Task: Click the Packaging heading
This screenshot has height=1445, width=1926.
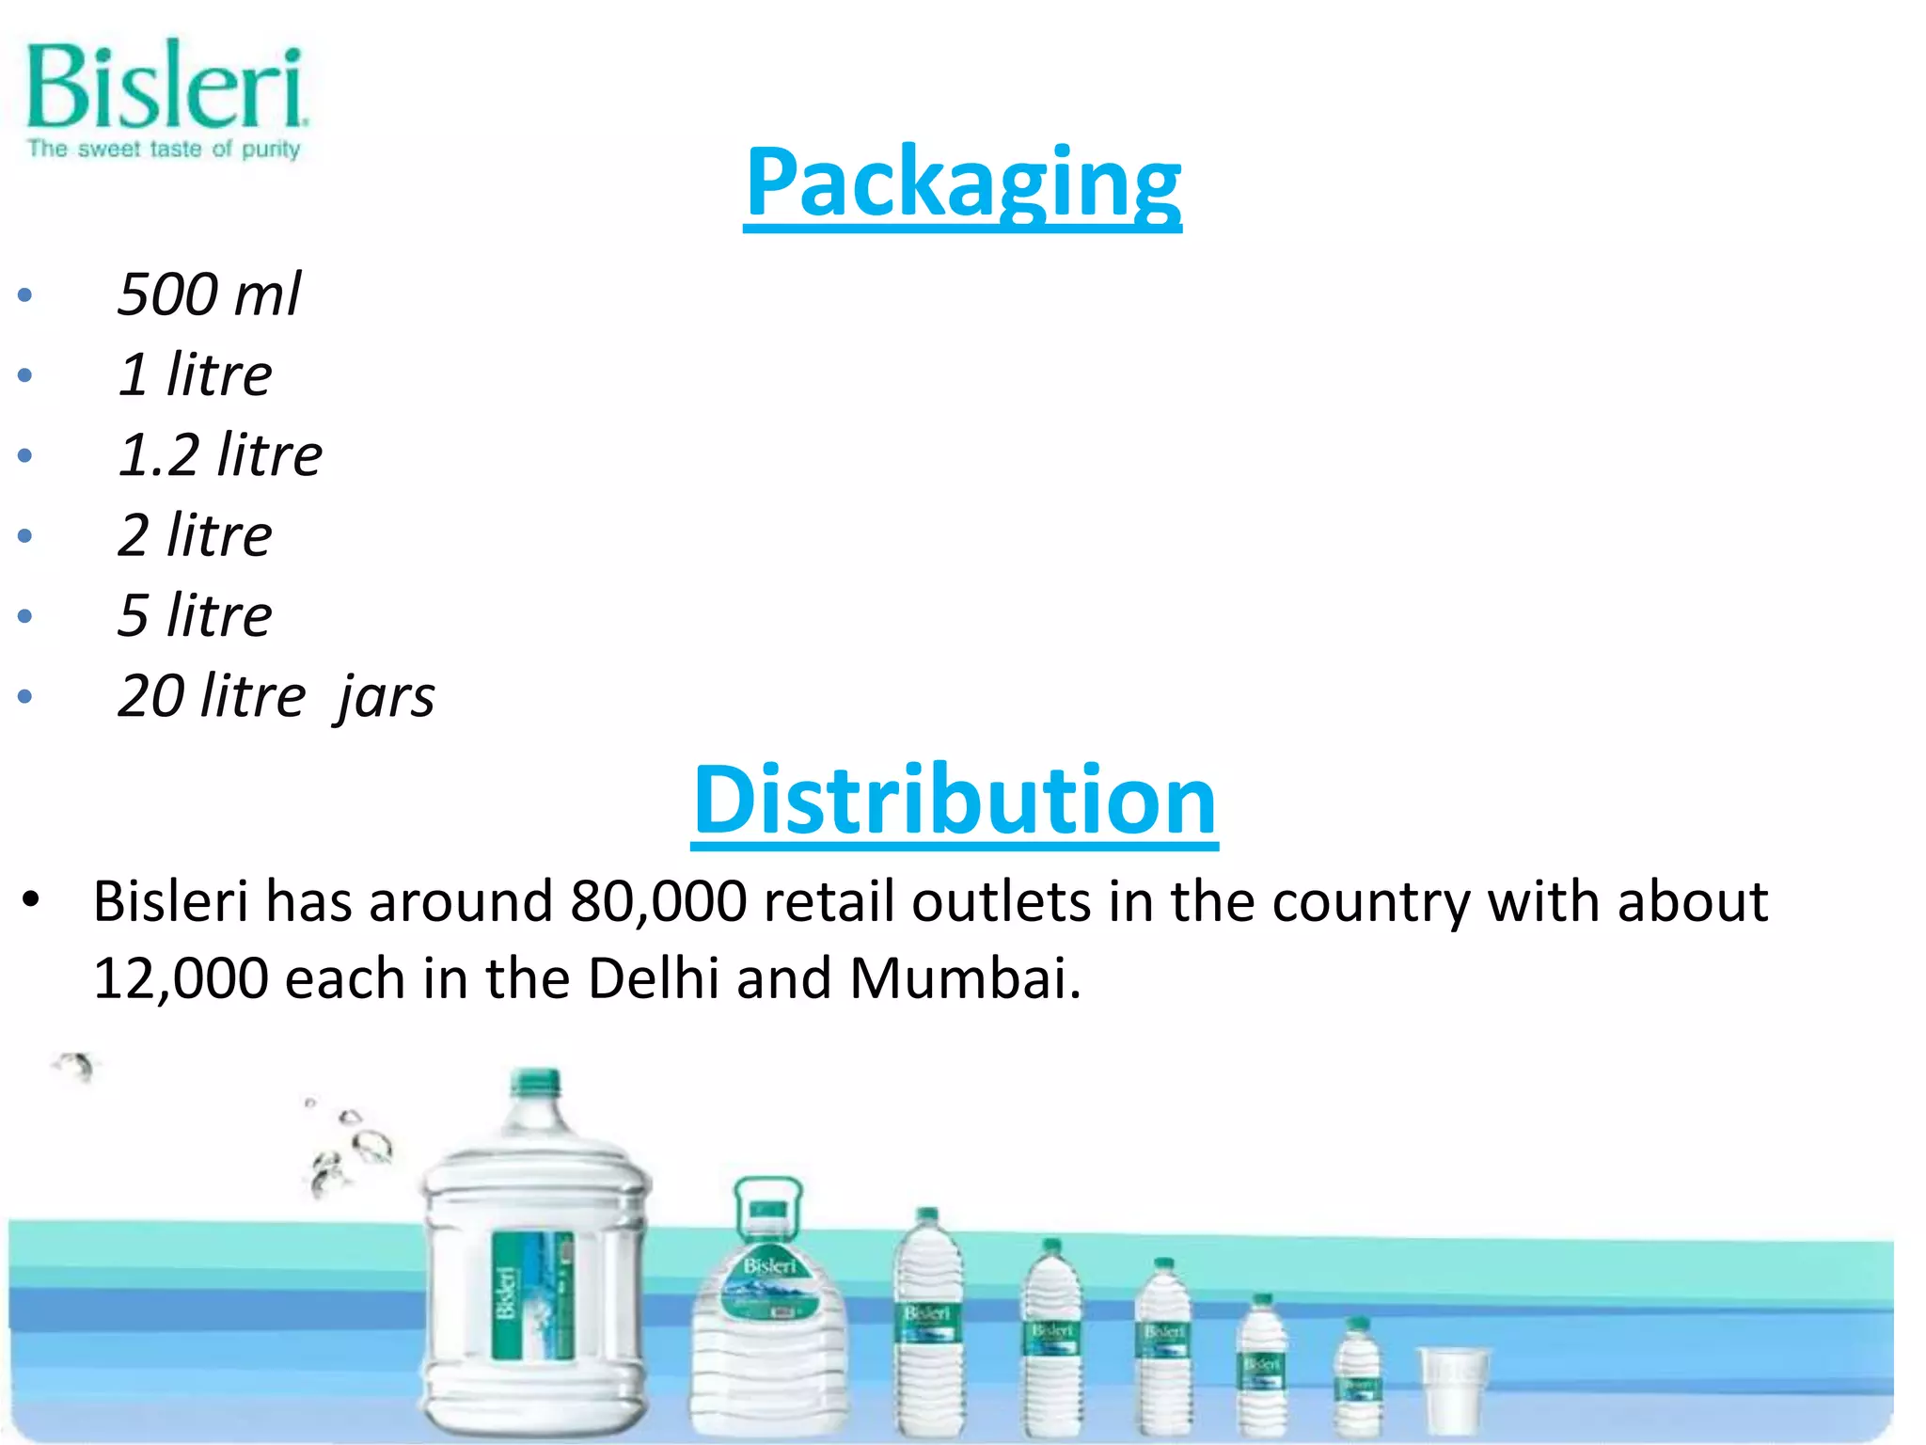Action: (962, 183)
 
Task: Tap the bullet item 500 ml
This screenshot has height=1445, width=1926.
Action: (209, 294)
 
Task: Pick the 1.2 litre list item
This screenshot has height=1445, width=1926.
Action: (220, 454)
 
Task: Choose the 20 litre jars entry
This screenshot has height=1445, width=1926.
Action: (276, 696)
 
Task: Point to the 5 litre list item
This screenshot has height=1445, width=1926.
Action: (195, 615)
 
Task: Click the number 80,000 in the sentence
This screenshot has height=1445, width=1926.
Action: (658, 901)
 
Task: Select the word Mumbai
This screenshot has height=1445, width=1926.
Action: (965, 978)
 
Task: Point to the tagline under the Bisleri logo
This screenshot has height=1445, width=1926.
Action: (164, 149)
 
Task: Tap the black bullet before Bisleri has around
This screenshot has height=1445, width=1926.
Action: (31, 899)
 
